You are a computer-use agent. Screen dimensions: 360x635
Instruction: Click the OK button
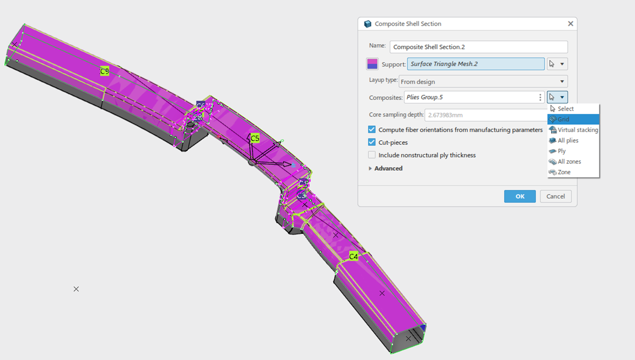click(x=520, y=196)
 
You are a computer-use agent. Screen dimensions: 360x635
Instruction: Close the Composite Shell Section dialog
click(x=570, y=24)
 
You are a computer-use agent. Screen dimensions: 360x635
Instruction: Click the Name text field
click(x=478, y=47)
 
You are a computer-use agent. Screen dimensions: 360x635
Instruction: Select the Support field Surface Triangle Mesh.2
click(x=475, y=64)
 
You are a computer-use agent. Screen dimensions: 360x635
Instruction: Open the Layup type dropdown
click(x=483, y=82)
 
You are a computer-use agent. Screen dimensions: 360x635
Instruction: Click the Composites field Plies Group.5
click(x=471, y=98)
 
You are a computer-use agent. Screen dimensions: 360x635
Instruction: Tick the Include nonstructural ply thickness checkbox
click(x=372, y=155)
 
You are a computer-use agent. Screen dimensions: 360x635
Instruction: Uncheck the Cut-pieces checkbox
click(x=372, y=143)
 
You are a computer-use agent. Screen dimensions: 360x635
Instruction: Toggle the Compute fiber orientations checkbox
click(x=372, y=130)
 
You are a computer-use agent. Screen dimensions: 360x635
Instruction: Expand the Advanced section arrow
click(x=371, y=169)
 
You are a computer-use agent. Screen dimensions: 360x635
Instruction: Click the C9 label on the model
click(x=104, y=71)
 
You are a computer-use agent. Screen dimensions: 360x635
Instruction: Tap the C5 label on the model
click(x=255, y=138)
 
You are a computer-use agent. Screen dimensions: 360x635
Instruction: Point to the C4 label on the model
click(x=354, y=256)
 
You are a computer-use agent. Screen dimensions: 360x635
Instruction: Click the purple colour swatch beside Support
click(x=373, y=64)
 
